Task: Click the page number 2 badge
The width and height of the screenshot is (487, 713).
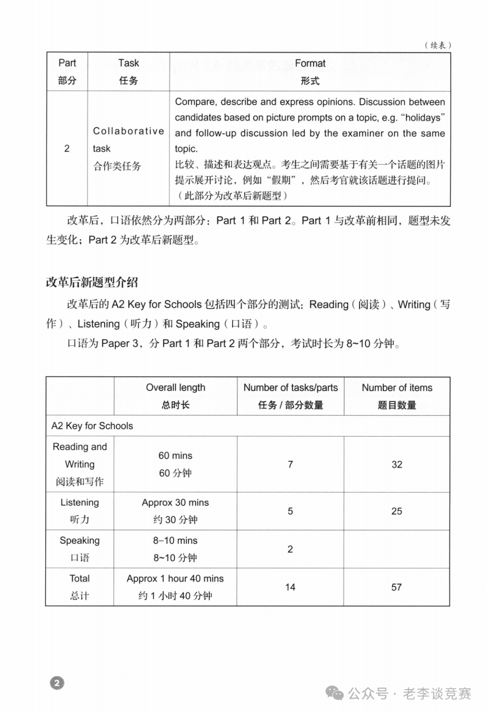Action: (57, 683)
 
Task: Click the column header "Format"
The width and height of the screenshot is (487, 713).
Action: (310, 64)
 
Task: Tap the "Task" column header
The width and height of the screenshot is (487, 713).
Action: (129, 63)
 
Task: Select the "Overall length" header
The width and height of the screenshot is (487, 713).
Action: (175, 388)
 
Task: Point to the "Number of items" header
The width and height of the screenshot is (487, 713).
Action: (397, 388)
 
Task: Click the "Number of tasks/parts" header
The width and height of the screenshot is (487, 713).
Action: (290, 388)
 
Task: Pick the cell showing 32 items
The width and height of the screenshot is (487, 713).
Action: (397, 465)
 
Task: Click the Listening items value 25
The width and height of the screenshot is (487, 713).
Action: (397, 511)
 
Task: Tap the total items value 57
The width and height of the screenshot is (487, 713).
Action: (396, 587)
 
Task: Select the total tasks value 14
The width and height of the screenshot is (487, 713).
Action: (290, 587)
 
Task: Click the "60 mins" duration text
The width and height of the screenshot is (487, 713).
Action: (175, 456)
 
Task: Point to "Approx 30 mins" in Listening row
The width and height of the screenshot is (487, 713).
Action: (175, 503)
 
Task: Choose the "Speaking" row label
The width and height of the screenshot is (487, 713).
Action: (80, 541)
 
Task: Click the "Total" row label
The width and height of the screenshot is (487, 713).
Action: (80, 579)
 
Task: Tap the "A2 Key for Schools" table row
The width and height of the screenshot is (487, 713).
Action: (92, 426)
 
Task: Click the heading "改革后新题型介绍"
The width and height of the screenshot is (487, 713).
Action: (92, 283)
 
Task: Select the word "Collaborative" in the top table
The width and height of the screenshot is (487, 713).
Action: (129, 131)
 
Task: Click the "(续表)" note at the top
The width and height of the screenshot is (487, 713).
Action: (437, 45)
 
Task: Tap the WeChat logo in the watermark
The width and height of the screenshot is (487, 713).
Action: (335, 693)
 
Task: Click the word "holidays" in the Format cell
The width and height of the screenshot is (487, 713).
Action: (423, 118)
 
